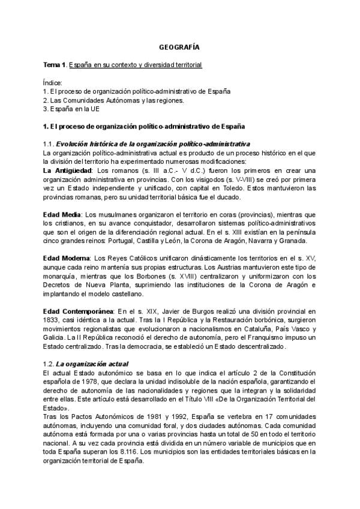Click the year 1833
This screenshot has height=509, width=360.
tap(53, 320)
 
